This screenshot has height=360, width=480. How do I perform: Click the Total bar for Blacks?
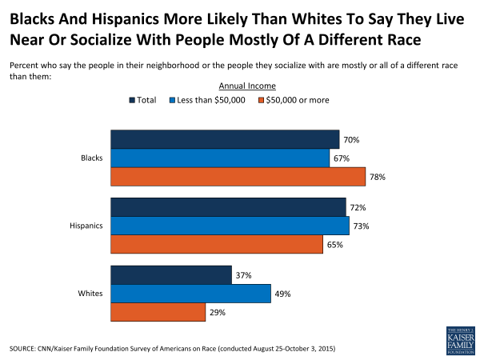point(225,139)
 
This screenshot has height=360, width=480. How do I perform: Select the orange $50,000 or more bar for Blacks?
point(238,177)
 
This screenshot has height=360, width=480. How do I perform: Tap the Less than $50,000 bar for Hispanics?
point(230,226)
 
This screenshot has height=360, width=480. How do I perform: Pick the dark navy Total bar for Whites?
point(171,276)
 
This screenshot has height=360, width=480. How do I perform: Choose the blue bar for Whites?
point(190,294)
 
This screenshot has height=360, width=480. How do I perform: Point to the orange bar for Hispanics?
point(217,245)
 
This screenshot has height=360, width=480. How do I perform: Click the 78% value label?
point(378,177)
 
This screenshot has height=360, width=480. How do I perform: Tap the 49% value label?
point(283,294)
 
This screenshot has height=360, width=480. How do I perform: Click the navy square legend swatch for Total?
point(133,100)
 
